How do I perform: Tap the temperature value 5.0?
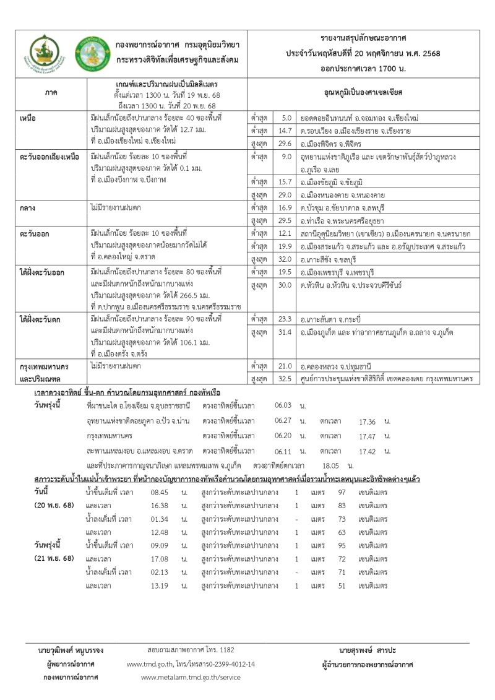click(x=286, y=118)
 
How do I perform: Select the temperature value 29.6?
click(x=285, y=143)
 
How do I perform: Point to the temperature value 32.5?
click(x=285, y=377)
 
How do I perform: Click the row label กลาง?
click(x=28, y=209)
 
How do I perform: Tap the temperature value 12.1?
click(x=285, y=235)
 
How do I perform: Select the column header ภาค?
click(x=51, y=92)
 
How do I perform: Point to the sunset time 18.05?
click(x=333, y=465)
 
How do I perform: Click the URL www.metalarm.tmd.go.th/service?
click(x=191, y=677)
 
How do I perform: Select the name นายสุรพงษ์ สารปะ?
click(x=367, y=650)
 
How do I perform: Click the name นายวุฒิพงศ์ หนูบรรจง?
click(x=71, y=650)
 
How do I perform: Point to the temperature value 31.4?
click(x=285, y=333)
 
